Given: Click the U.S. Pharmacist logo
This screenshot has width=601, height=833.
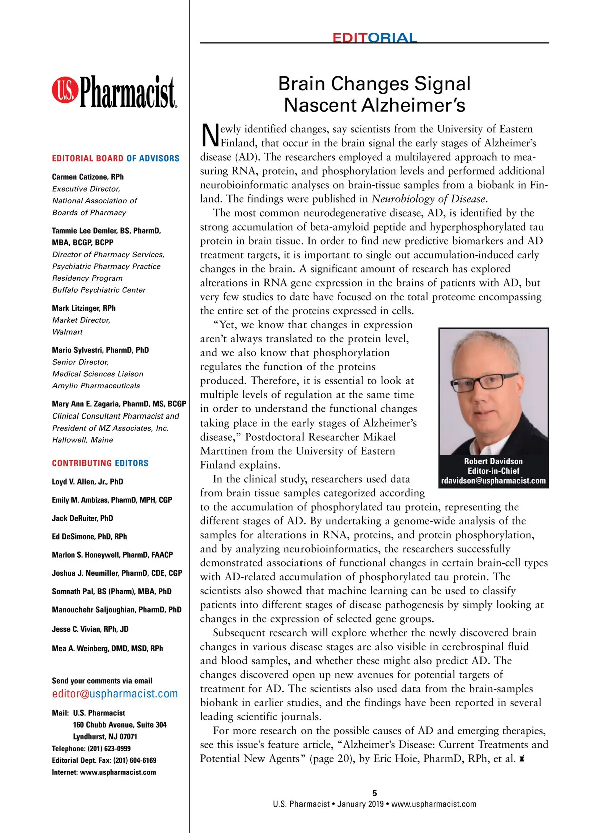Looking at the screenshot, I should pyautogui.click(x=114, y=92).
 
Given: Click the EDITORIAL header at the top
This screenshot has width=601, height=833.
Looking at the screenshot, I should pyautogui.click(x=374, y=38).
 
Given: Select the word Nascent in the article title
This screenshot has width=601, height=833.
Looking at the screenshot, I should pyautogui.click(x=321, y=105).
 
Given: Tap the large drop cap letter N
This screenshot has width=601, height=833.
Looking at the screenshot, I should pyautogui.click(x=210, y=135).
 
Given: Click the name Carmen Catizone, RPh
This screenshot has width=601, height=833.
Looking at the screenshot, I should pyautogui.click(x=88, y=177).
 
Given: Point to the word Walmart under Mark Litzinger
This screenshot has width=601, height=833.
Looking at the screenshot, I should pyautogui.click(x=67, y=332).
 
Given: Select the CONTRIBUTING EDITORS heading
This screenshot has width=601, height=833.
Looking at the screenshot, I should pyautogui.click(x=100, y=463).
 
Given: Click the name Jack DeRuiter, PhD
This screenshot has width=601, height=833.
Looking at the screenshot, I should pyautogui.click(x=82, y=518).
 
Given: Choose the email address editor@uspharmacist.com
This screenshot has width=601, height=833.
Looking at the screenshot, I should pyautogui.click(x=115, y=694).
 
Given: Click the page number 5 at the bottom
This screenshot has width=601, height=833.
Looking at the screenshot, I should pyautogui.click(x=375, y=793).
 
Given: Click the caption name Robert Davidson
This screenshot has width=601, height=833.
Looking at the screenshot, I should pyautogui.click(x=493, y=461).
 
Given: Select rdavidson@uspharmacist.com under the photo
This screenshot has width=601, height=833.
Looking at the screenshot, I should pyautogui.click(x=493, y=481).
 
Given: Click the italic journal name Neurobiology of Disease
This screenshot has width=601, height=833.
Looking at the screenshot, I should pyautogui.click(x=429, y=199).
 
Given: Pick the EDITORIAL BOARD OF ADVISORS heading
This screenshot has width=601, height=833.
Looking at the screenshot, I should pyautogui.click(x=115, y=158).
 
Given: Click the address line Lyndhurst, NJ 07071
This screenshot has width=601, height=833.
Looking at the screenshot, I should pyautogui.click(x=105, y=737).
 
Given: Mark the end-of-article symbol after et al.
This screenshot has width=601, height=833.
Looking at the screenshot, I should pyautogui.click(x=522, y=759).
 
